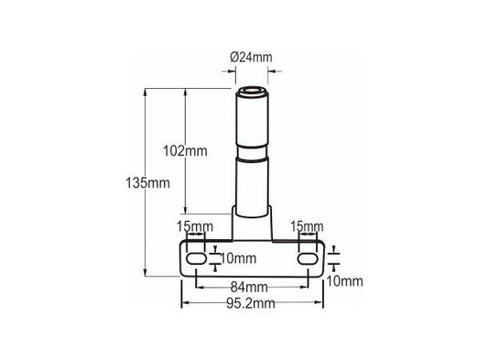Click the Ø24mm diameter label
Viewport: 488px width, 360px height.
click(251, 58)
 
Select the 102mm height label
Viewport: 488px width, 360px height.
click(185, 151)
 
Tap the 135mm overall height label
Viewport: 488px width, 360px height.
click(147, 183)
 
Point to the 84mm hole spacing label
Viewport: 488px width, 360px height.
click(249, 287)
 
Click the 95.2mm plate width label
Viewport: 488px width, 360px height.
click(251, 303)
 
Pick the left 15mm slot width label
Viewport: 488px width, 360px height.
click(195, 226)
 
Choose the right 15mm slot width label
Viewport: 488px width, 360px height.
click(307, 226)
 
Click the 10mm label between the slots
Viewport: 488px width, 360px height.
click(238, 258)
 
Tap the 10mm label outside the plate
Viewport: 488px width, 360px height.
click(344, 281)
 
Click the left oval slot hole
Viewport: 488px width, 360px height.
click(196, 258)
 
